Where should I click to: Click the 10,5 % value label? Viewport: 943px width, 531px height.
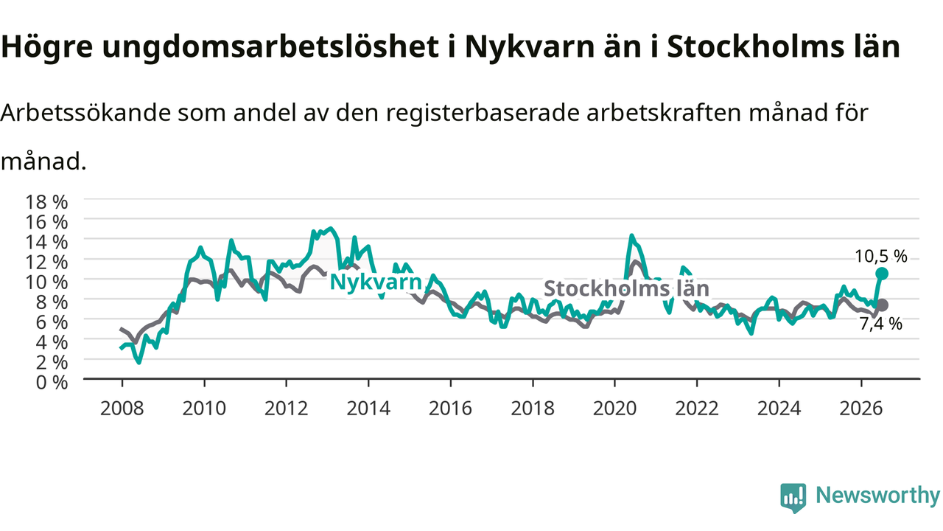coord(880,256)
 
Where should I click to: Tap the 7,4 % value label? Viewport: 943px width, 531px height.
coord(880,324)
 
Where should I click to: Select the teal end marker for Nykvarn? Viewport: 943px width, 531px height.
coord(882,274)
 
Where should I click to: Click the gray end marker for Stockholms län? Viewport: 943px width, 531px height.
coord(882,305)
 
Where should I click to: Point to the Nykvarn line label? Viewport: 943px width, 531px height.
coord(376,282)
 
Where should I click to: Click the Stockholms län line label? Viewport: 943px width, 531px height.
coord(626,288)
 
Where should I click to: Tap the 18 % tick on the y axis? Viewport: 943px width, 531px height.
coord(46,202)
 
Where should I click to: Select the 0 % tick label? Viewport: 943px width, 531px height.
coord(52,383)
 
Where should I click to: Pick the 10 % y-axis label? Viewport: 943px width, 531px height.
coord(46,282)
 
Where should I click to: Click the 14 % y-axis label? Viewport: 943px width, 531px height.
coord(46,242)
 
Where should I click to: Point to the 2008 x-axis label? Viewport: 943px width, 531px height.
coord(122,409)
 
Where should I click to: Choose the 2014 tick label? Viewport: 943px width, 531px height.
coord(368,409)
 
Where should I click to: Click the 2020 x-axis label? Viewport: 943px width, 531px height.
coord(614,409)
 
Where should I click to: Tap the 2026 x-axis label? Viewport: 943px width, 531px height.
coord(861,409)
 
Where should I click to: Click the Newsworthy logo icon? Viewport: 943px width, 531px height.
coord(793,497)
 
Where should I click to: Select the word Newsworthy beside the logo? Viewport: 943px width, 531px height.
coord(877,495)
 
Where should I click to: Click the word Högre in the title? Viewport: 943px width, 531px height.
coord(46,47)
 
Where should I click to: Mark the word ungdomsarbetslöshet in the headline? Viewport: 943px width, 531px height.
coord(270,47)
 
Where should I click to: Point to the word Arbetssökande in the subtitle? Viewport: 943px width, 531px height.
coord(85,113)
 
